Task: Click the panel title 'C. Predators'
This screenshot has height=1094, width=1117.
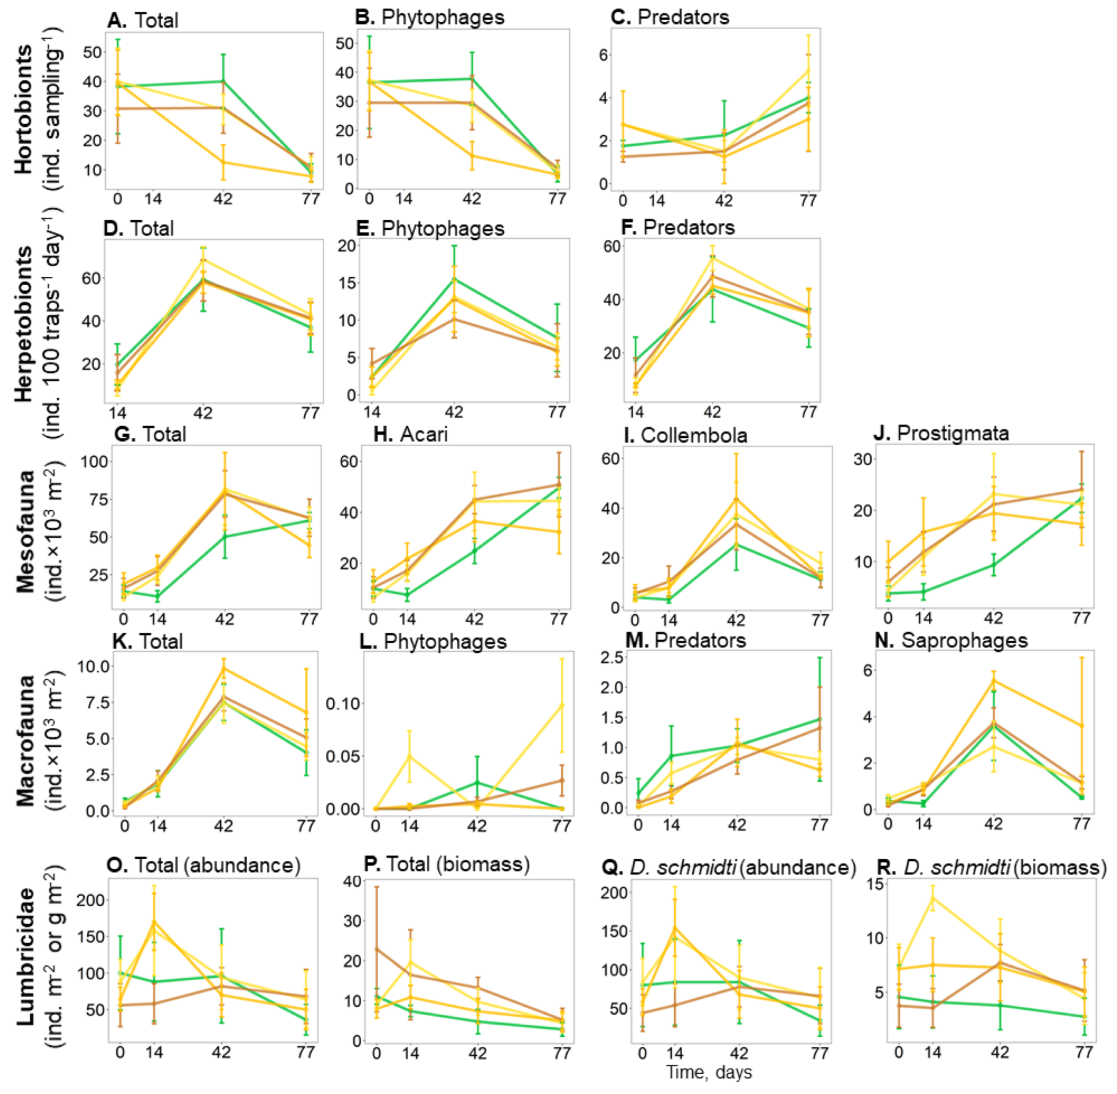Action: coord(670,17)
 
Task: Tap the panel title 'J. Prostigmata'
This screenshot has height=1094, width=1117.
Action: coord(941,433)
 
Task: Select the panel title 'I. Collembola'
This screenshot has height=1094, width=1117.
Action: coord(685,435)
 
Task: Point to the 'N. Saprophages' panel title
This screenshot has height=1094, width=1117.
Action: coord(951,640)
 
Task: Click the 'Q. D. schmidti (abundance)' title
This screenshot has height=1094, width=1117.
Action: coord(729,867)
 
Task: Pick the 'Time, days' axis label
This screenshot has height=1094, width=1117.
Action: coord(709,1072)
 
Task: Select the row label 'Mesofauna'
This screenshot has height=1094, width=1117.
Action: coord(25,531)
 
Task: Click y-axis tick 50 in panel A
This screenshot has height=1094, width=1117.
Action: coord(92,52)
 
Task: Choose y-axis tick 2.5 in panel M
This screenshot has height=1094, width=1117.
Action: coord(612,657)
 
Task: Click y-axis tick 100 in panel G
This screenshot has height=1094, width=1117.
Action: coord(95,461)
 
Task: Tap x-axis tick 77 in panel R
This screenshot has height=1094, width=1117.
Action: coord(1084,1052)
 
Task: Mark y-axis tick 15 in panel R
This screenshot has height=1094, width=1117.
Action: coord(875,884)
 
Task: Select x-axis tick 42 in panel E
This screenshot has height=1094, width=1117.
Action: coord(454,412)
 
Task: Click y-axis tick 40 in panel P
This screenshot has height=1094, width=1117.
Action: coord(352,881)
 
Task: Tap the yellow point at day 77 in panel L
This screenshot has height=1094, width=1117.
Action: coord(562,705)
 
